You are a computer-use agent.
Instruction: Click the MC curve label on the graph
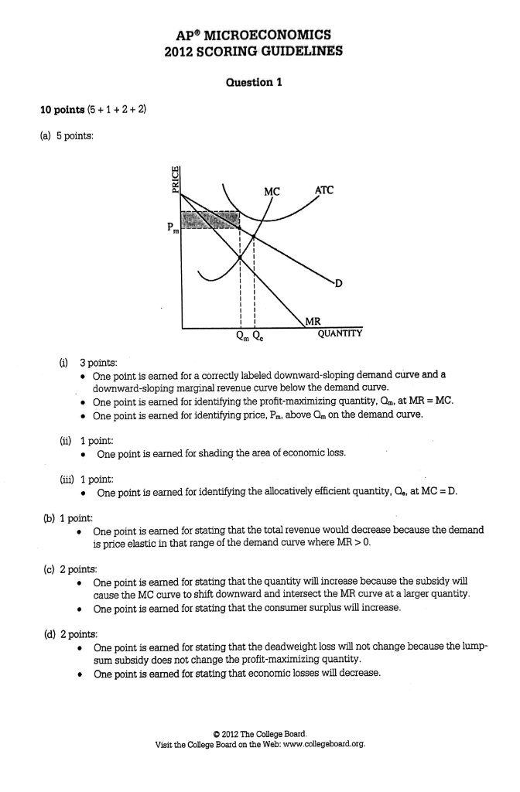pyautogui.click(x=272, y=189)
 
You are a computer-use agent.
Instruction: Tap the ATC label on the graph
pyautogui.click(x=326, y=189)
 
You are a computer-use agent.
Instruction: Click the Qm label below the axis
pyautogui.click(x=241, y=336)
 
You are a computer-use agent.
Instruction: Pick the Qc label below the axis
pyautogui.click(x=260, y=336)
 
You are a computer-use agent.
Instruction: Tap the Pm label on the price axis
pyautogui.click(x=171, y=228)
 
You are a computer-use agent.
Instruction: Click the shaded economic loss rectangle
pyautogui.click(x=210, y=220)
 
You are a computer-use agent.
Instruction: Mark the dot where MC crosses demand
pyautogui.click(x=255, y=237)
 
